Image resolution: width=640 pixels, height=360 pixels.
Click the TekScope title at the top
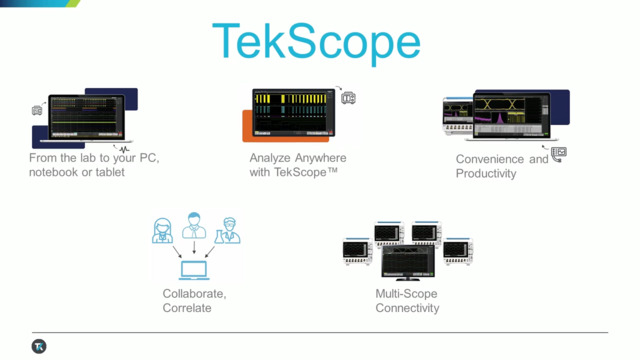click(316, 42)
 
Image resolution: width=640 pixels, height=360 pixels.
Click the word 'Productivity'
click(486, 174)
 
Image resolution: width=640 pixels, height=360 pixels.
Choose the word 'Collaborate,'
click(194, 294)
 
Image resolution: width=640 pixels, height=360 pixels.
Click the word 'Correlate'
click(187, 308)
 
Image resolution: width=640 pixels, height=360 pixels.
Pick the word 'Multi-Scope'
click(406, 294)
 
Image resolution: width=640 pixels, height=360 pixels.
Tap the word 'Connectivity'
click(407, 308)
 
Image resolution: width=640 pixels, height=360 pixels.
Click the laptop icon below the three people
click(195, 269)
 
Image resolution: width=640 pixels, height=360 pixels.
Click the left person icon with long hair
click(161, 230)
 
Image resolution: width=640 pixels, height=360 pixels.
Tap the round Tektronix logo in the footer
click(39, 347)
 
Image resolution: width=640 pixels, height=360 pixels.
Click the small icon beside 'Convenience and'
click(558, 154)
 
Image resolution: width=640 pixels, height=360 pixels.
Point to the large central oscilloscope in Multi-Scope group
click(409, 259)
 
